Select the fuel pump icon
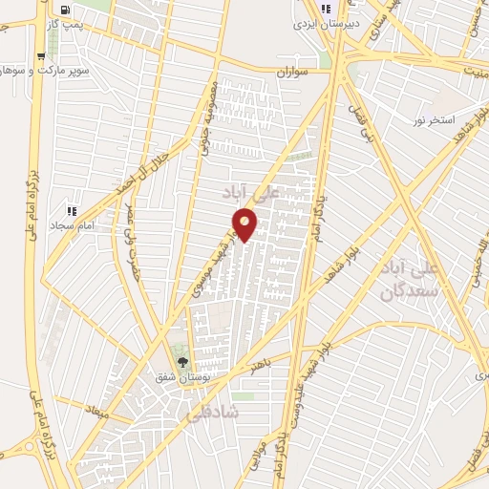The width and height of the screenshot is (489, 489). [x=40, y=54]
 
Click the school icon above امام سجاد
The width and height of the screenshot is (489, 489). [x=71, y=210]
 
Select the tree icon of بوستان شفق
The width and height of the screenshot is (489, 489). [x=182, y=362]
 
